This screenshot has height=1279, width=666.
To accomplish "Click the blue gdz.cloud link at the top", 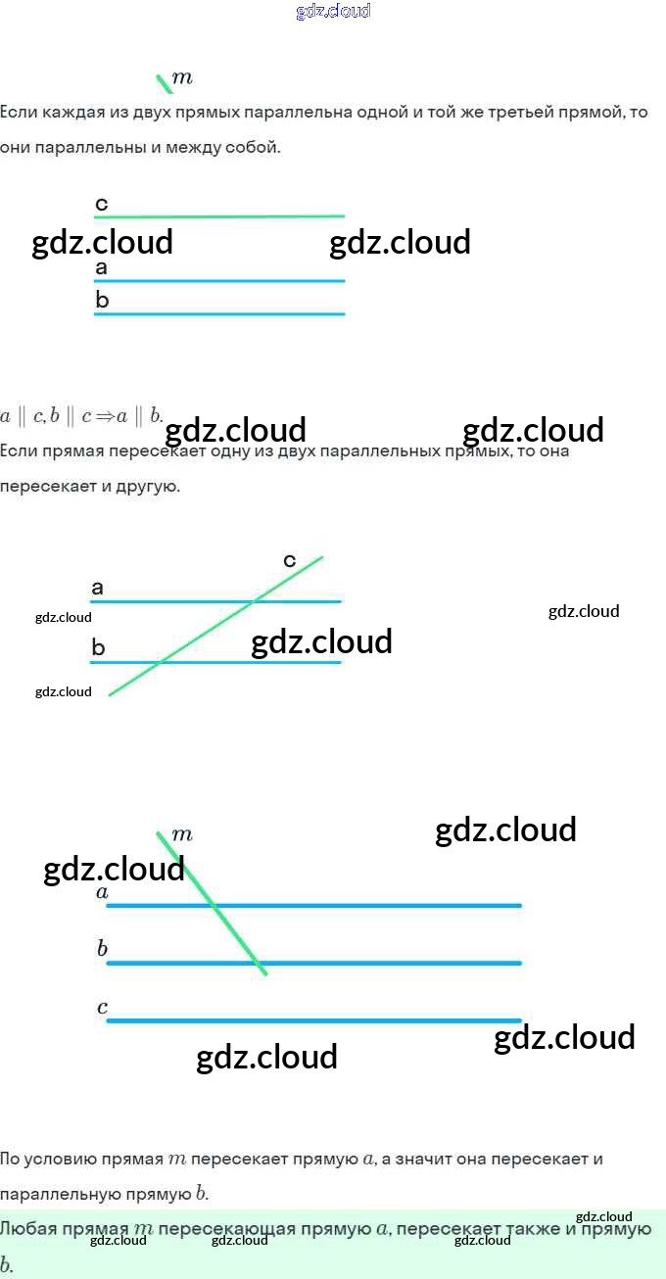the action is [333, 12].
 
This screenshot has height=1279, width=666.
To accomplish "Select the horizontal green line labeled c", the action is [219, 216].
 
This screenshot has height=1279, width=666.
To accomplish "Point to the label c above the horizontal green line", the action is [102, 204].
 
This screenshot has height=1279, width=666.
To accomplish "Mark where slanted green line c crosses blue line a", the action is [253, 601].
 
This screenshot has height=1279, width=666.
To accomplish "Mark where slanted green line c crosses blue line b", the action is [160, 662].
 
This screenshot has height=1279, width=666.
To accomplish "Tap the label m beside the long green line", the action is [182, 834].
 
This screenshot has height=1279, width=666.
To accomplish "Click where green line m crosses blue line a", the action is [212, 905].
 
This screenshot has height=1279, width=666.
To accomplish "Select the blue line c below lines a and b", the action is [313, 1020].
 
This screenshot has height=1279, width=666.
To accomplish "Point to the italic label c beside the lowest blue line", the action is [102, 1007].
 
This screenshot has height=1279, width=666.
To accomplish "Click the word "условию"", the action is [57, 1160].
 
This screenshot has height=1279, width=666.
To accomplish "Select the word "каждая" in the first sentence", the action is [71, 112].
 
